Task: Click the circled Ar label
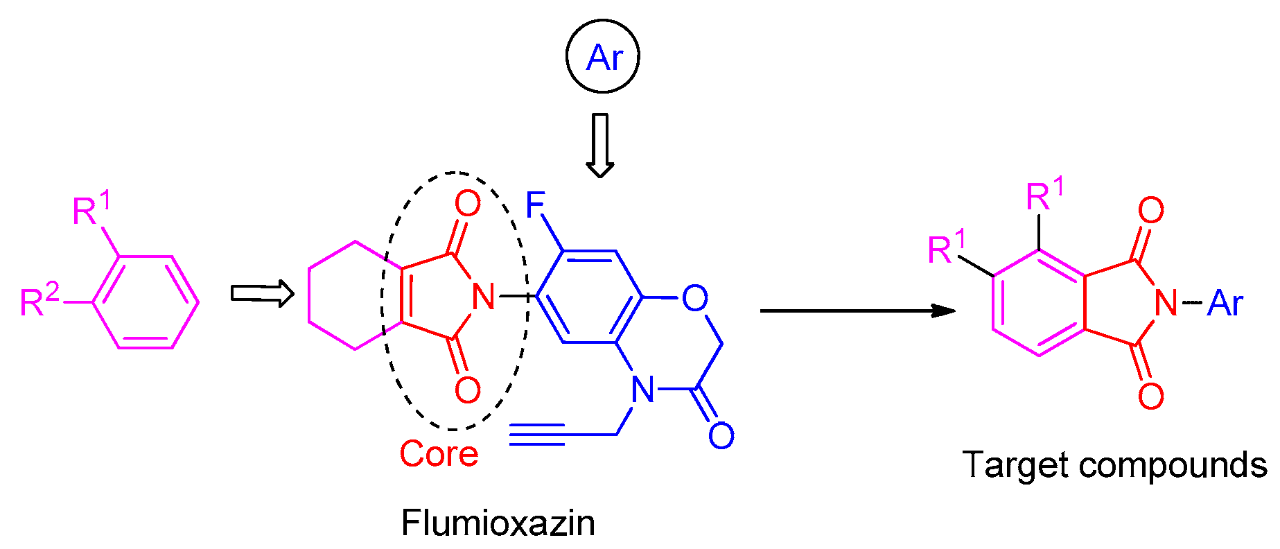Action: coord(603,58)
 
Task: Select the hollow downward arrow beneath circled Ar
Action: coord(600,144)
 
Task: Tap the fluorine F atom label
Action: coord(536,205)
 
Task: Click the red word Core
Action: coord(439,454)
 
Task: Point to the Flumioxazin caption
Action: coord(498,523)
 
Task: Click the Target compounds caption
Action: coord(1114,464)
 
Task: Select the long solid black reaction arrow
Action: coord(857,311)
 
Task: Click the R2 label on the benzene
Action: coord(40,300)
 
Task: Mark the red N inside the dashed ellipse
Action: coord(483,297)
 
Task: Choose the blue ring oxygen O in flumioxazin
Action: coord(694,298)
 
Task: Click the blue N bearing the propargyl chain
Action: coord(642,390)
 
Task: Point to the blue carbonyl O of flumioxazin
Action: coord(721,435)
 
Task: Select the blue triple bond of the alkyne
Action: coord(537,435)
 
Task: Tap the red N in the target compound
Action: coord(1166,303)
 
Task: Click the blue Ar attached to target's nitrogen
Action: coord(1225,304)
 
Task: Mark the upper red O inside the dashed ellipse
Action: coord(468,204)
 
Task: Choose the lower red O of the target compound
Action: coord(1150,396)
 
